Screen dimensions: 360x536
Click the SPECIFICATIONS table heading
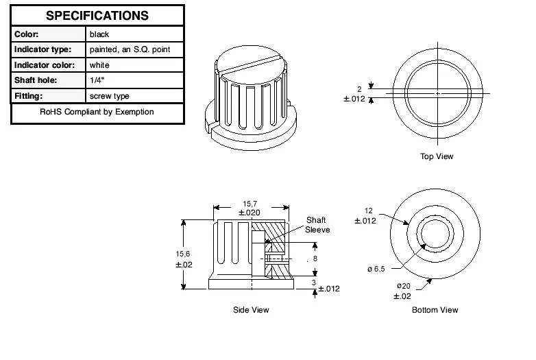pos(97,16)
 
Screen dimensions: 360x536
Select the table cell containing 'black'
pos(99,34)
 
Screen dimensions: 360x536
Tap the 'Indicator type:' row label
pos(42,49)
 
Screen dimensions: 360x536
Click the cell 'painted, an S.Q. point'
pos(130,49)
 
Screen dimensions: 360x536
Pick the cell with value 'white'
pos(99,65)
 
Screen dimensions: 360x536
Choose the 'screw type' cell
pos(109,96)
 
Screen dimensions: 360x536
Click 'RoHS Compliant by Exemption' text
pos(97,112)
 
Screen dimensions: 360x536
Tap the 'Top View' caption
pos(437,156)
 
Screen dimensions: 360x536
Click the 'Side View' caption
pos(251,310)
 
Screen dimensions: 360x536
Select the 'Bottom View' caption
pos(435,310)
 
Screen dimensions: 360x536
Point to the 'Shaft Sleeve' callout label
pos(316,225)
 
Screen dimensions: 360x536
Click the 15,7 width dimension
pos(250,204)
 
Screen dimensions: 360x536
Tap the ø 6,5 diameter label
pos(376,269)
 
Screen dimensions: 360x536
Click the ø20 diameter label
pos(402,286)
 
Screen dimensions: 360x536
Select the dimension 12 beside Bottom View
pos(368,211)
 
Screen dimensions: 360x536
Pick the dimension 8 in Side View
pos(315,259)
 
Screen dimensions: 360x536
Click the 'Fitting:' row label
pos(29,96)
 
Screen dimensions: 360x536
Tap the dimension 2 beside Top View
pos(359,89)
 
